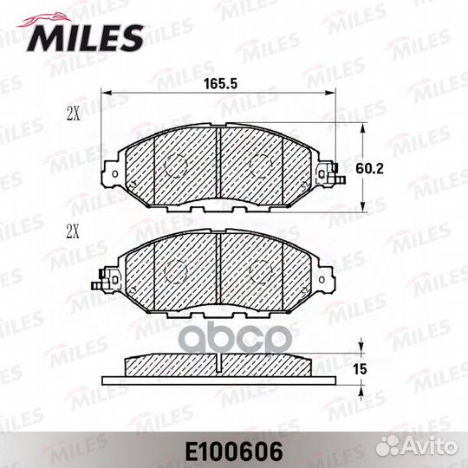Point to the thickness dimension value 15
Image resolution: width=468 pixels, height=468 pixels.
click(361, 369)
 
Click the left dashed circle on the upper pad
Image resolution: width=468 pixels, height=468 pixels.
click(176, 166)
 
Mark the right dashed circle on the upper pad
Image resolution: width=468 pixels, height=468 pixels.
click(261, 165)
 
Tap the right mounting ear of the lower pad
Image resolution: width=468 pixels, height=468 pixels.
click(325, 279)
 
